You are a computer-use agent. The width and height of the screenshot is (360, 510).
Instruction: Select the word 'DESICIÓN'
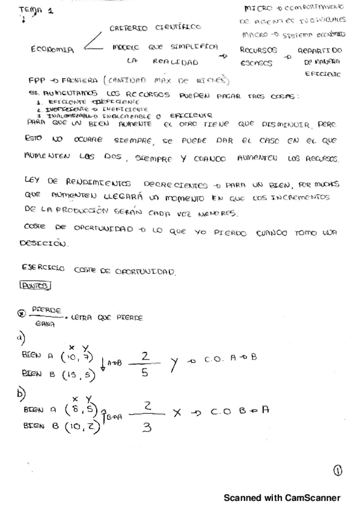43,245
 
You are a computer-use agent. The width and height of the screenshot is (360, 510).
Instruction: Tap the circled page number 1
336,472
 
